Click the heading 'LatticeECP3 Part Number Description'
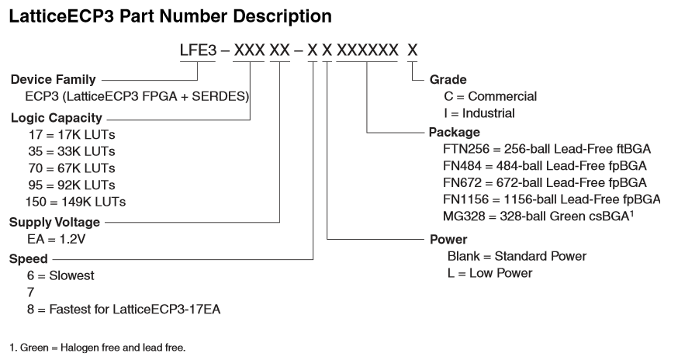171,16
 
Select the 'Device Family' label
54,79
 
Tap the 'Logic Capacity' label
56,118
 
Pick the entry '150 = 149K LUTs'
77,202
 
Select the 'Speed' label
29,259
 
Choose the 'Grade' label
448,79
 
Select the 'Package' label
455,132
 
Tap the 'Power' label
449,240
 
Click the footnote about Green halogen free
97,347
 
